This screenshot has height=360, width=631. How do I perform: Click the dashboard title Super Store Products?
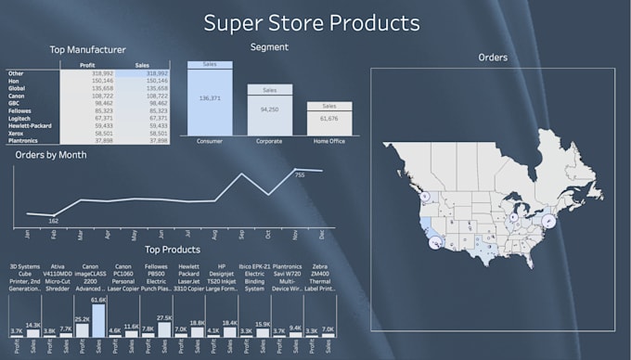pyautogui.click(x=311, y=21)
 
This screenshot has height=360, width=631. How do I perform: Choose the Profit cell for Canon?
pyautogui.click(x=103, y=96)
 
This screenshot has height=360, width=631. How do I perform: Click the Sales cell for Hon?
pyautogui.click(x=154, y=81)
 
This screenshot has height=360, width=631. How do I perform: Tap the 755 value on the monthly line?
pyautogui.click(x=299, y=174)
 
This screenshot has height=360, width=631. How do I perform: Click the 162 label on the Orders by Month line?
pyautogui.click(x=53, y=221)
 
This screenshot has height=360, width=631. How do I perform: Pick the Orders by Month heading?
pyautogui.click(x=52, y=155)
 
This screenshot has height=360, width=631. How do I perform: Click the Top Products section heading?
pyautogui.click(x=173, y=250)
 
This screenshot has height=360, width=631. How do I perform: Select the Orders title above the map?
pyautogui.click(x=492, y=58)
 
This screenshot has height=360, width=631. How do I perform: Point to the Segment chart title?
pyautogui.click(x=269, y=46)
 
